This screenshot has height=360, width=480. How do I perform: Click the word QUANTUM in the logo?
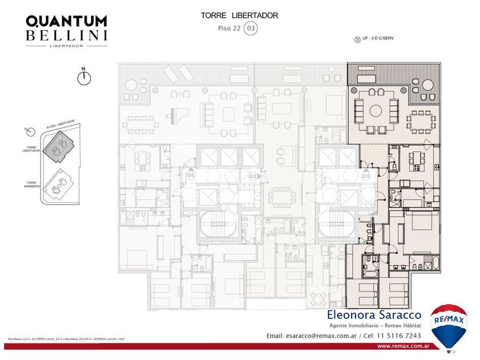click(66, 21)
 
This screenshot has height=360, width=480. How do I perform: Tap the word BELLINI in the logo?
click(66, 35)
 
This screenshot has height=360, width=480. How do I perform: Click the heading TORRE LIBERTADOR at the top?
click(239, 15)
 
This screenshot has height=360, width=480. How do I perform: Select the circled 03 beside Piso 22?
click(250, 27)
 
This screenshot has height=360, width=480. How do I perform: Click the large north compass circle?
click(84, 78)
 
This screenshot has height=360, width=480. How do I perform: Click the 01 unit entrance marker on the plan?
click(190, 175)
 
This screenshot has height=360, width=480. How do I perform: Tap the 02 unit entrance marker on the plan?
click(252, 177)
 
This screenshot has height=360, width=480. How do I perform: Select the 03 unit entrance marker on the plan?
click(366, 176)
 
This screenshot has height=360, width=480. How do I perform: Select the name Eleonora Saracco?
click(374, 315)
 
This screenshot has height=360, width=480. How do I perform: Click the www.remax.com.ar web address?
click(403, 346)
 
